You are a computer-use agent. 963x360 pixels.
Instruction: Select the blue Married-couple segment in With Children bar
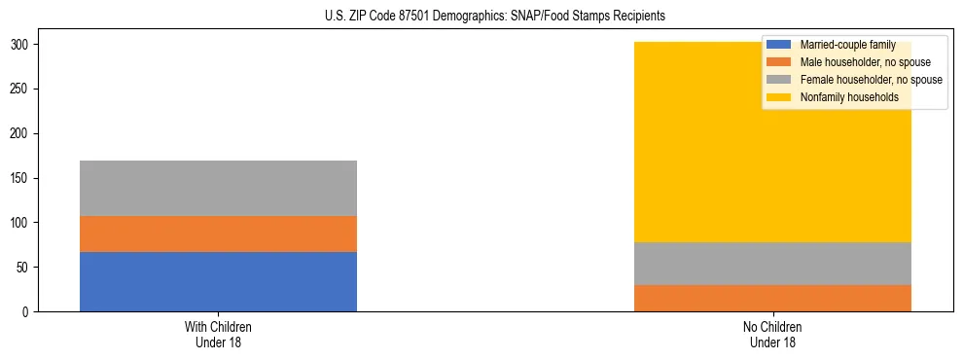click(218, 281)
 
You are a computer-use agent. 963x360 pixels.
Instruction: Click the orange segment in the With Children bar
click(218, 234)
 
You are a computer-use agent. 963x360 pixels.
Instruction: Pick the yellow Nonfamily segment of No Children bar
click(681, 156)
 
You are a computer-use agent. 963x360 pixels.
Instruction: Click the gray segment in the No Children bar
click(772, 263)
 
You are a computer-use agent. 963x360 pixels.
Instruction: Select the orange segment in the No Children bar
click(772, 298)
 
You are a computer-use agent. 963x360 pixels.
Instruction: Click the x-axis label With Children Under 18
click(218, 334)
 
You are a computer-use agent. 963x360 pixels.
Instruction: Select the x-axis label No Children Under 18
click(772, 334)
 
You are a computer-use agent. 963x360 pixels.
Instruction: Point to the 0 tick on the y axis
click(27, 311)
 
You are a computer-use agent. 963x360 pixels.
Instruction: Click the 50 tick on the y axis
click(24, 267)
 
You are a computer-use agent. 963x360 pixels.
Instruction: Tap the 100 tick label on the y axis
click(21, 223)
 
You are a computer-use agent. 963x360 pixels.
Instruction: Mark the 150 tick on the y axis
click(21, 178)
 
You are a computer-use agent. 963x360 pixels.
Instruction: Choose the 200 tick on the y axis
click(21, 133)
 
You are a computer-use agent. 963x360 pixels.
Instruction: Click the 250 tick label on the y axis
click(21, 90)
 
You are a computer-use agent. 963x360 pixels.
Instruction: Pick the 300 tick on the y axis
click(21, 45)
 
